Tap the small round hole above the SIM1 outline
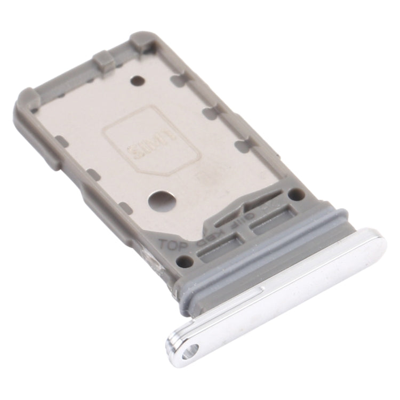pos(138,81)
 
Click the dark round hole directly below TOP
pos(185,262)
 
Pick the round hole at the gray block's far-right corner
pos(298,194)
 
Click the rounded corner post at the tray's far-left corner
pos(28,101)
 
